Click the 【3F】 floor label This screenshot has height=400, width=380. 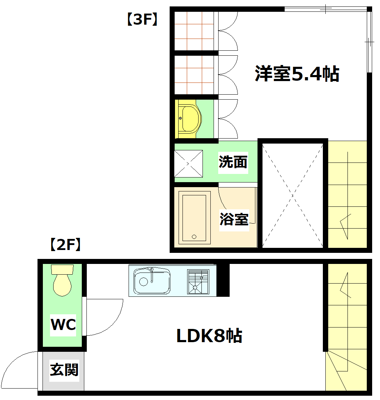click(142, 20)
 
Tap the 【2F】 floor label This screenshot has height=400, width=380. click(64, 245)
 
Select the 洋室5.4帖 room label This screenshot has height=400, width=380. click(297, 74)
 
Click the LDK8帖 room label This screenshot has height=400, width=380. click(210, 336)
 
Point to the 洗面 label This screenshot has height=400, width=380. click(233, 162)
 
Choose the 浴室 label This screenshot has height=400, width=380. click(234, 219)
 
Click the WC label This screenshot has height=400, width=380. click(63, 325)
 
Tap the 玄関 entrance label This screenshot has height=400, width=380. click(64, 370)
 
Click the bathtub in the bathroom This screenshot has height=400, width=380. click(194, 217)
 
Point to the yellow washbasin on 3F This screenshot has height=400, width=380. click(189, 119)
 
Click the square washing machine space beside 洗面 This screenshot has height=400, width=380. click(189, 163)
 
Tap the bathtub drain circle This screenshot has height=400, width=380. click(194, 236)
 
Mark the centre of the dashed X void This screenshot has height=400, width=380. click(293, 195)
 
